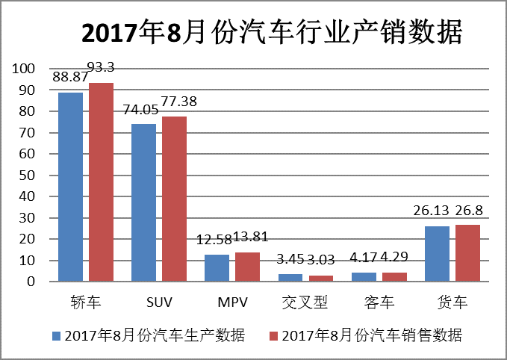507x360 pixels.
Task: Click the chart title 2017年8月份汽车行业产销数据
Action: (x=271, y=33)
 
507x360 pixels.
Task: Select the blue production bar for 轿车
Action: (x=71, y=187)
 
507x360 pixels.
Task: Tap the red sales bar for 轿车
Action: (x=101, y=182)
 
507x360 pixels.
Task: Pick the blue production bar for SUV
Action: (x=144, y=202)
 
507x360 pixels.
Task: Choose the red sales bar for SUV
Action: (x=174, y=199)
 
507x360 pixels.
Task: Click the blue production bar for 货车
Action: (x=438, y=254)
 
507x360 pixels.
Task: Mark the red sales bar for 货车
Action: (x=467, y=253)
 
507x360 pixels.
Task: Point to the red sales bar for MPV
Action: (x=247, y=267)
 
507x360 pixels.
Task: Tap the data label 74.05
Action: (x=140, y=110)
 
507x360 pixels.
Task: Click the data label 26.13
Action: (x=432, y=212)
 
